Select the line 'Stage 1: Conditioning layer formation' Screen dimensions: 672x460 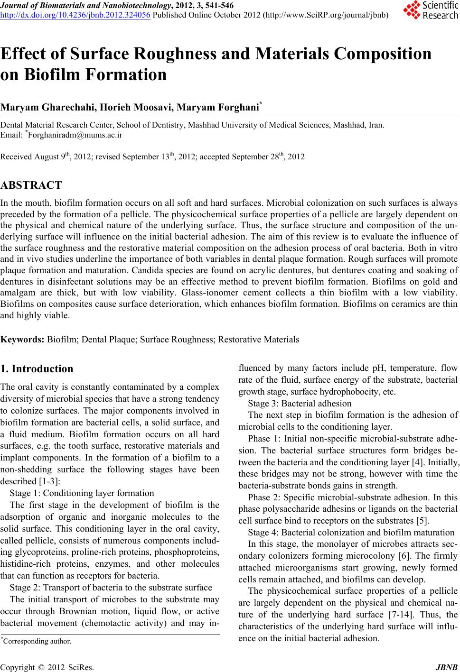pyautogui.click(x=82, y=493)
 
